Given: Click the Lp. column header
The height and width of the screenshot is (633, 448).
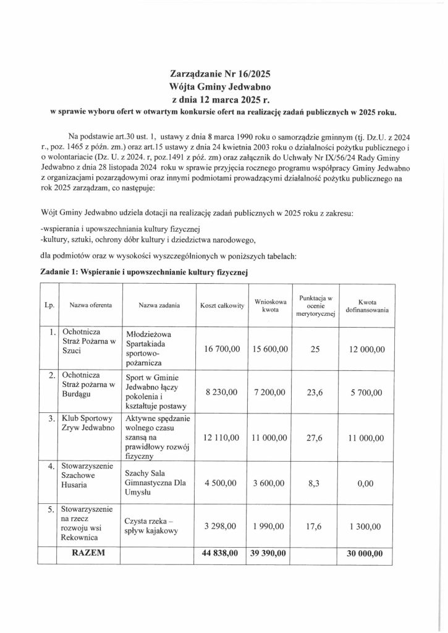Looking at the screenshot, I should click(48, 305).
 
